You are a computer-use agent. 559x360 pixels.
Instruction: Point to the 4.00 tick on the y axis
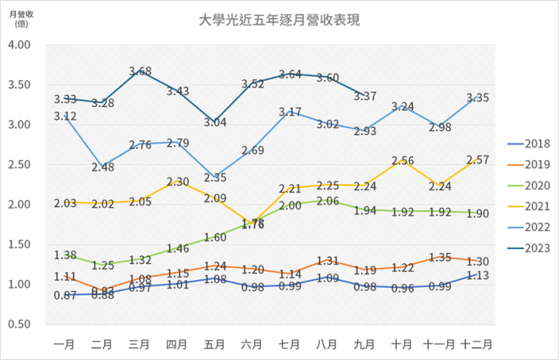(19, 45)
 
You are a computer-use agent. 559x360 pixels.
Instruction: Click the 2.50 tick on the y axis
(19, 164)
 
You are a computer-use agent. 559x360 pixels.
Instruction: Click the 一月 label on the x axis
(64, 342)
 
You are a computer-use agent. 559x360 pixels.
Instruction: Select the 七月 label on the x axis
(290, 342)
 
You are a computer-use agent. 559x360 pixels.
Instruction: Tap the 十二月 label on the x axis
(475, 342)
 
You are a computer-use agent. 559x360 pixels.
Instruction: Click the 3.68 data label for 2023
(141, 71)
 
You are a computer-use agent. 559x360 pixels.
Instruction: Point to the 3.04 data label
(215, 123)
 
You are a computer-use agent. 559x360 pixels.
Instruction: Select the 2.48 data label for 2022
(103, 167)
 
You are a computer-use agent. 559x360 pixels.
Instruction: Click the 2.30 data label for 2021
(178, 182)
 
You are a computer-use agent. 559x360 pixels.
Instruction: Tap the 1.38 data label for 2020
(65, 255)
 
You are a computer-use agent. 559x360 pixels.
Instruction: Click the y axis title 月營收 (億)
(22, 18)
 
